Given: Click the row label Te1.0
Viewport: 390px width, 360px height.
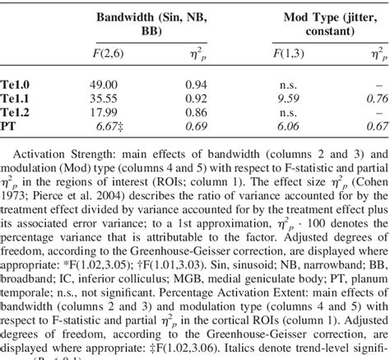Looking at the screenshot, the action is [x=17, y=83].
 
